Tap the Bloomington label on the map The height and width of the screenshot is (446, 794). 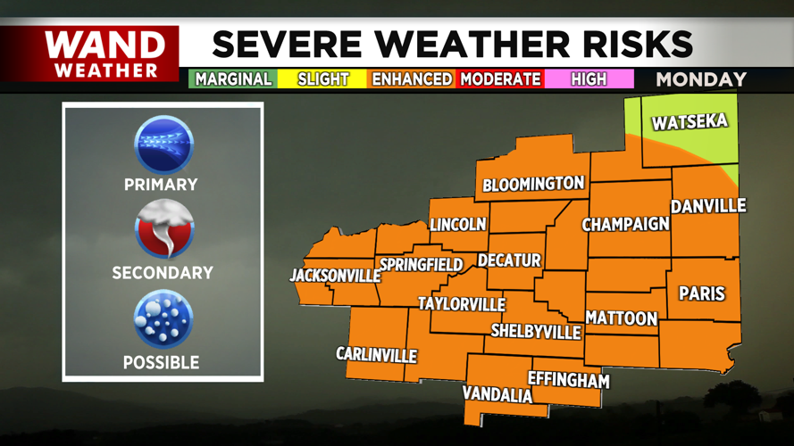tap(533, 185)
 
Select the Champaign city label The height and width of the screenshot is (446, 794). tap(625, 224)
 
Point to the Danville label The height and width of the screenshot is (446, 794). tap(708, 206)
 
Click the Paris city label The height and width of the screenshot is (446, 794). tap(702, 293)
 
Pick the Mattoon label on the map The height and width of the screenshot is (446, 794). tap(621, 318)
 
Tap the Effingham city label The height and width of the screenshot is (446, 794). tap(568, 380)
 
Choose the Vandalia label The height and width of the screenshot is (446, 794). tap(497, 394)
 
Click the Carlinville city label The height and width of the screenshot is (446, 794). tap(376, 355)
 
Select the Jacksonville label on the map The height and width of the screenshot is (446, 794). tap(335, 276)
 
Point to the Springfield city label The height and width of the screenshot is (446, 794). tap(421, 265)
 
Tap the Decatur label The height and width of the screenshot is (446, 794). tap(509, 260)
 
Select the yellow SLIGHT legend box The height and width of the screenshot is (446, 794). tap(322, 78)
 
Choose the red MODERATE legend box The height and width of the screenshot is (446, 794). tap(500, 78)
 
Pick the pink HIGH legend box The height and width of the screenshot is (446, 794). tap(589, 78)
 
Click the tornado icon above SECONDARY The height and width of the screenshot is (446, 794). tap(163, 230)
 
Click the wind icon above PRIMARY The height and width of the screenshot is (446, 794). tap(163, 145)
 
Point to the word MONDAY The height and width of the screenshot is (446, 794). tap(701, 79)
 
